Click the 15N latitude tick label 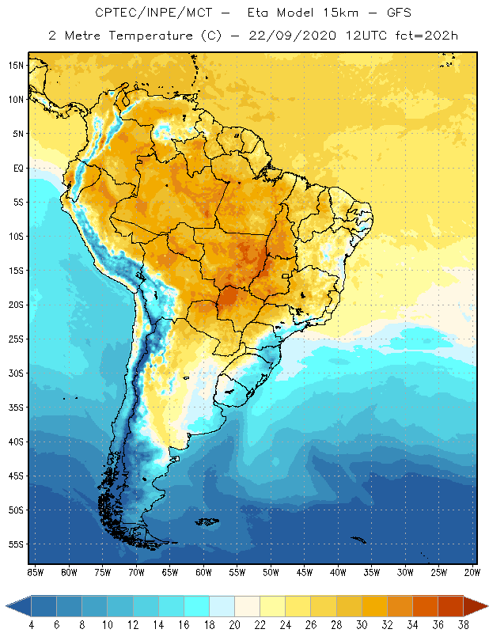coord(16,66)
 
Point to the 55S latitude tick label coord(16,544)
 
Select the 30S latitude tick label coord(16,373)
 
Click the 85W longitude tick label coord(36,571)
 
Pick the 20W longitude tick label coord(472,571)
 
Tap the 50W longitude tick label coord(271,571)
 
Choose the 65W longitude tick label coord(169,571)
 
